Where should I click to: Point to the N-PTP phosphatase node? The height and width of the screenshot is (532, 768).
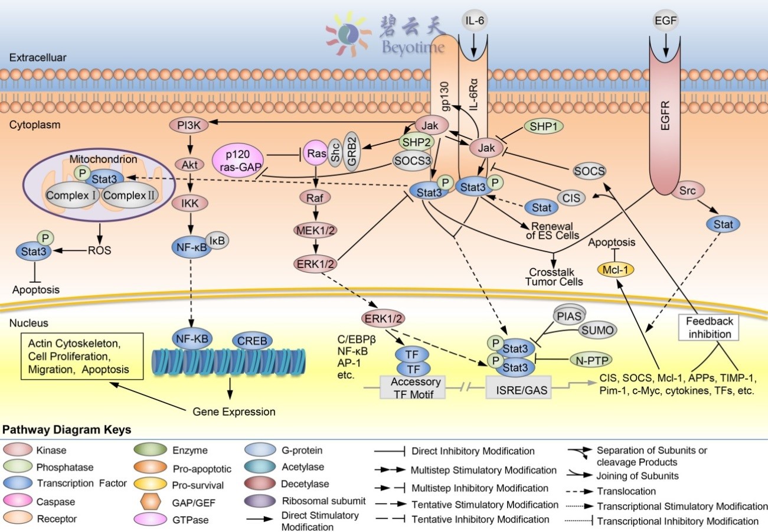tap(590, 359)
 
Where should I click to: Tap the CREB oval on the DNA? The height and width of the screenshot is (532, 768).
tap(253, 341)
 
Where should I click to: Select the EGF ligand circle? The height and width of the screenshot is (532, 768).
tap(666, 21)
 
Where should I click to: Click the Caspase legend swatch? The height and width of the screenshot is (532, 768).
tap(19, 501)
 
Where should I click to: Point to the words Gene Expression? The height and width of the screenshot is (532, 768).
tap(234, 411)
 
